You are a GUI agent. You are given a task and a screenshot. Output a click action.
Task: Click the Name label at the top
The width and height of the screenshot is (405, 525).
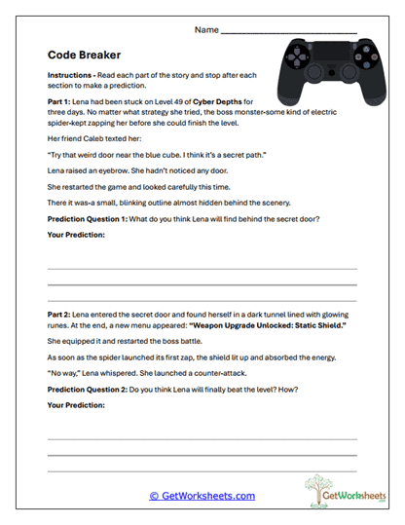tap(205, 30)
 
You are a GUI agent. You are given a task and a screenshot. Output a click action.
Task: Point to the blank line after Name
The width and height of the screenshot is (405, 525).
tap(291, 33)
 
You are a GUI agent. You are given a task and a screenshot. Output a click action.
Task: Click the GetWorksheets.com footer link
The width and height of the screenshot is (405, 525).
tap(202, 496)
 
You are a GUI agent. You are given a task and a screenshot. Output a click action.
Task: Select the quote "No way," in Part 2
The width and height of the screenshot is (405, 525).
tap(64, 375)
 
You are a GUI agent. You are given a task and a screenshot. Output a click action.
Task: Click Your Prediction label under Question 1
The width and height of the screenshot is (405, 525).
tap(76, 235)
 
